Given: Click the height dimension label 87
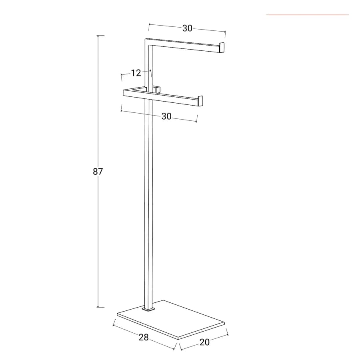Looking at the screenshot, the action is (x=98, y=172).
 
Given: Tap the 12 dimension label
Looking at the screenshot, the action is (x=136, y=73).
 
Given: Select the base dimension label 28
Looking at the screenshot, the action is (x=144, y=337).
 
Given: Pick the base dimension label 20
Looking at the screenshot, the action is (x=204, y=342).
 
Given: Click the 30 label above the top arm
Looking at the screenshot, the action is (x=187, y=28).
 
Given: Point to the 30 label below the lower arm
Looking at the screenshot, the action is (x=166, y=116).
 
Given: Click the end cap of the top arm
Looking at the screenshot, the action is (x=222, y=48).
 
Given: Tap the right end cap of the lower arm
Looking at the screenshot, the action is (x=200, y=101).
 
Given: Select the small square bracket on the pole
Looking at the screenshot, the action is (x=156, y=90).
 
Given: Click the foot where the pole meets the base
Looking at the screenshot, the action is (x=148, y=310).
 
